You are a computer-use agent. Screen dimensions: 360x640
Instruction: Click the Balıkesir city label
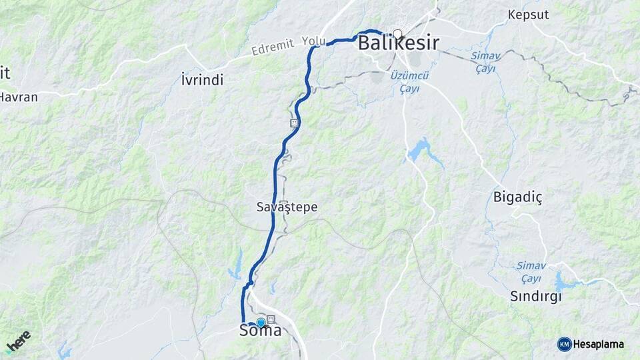(398, 44)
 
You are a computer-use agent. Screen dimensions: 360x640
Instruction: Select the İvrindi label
(202, 80)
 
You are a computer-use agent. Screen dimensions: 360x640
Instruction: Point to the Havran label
(19, 97)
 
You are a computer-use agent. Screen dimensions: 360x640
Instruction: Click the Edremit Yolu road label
(288, 46)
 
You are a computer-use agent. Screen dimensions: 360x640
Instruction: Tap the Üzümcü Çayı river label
(410, 83)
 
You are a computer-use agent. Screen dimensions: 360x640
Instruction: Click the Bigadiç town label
(519, 197)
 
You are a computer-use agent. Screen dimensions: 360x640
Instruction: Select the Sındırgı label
(535, 297)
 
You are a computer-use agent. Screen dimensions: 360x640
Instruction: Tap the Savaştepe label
(287, 207)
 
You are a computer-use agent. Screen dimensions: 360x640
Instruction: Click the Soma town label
(260, 331)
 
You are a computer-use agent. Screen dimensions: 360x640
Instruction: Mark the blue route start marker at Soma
(261, 323)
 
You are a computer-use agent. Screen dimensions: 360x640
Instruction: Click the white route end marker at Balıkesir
(397, 34)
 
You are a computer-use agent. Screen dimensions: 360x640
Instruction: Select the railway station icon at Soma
(271, 320)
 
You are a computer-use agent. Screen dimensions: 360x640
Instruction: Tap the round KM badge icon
(564, 344)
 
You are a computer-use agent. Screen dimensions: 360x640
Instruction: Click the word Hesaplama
(599, 344)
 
